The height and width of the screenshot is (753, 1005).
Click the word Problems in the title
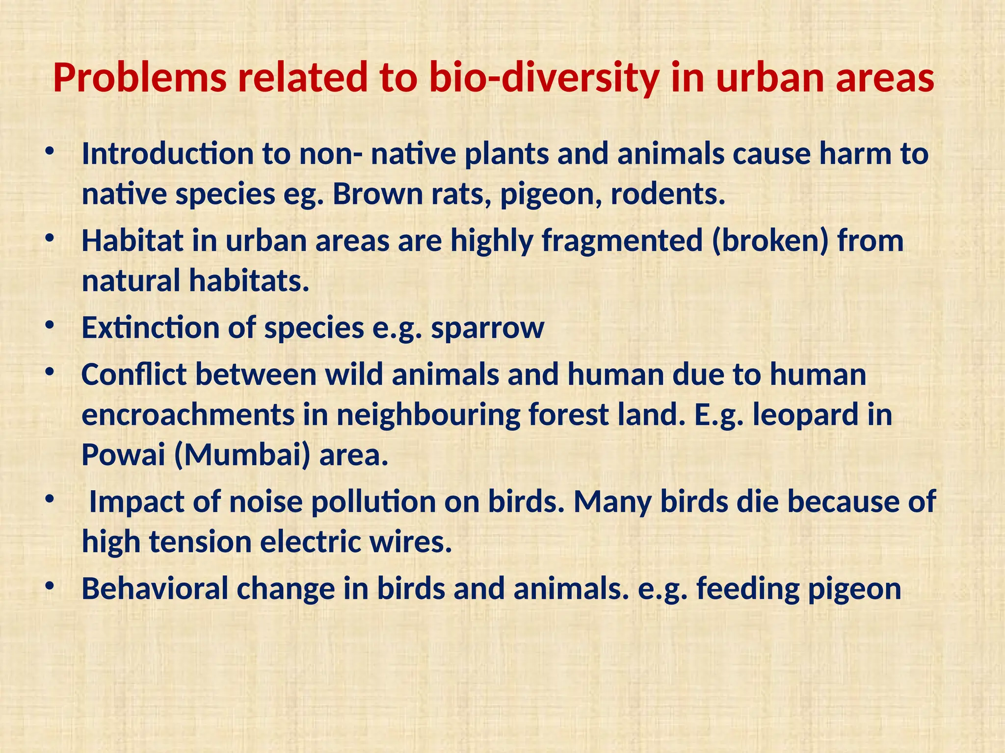click(140, 78)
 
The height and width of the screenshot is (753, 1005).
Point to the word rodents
click(667, 194)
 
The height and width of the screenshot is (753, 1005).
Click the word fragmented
click(622, 241)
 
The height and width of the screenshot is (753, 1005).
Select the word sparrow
click(487, 328)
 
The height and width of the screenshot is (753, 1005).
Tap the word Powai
click(123, 455)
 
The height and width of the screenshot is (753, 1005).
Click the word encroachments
click(188, 415)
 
